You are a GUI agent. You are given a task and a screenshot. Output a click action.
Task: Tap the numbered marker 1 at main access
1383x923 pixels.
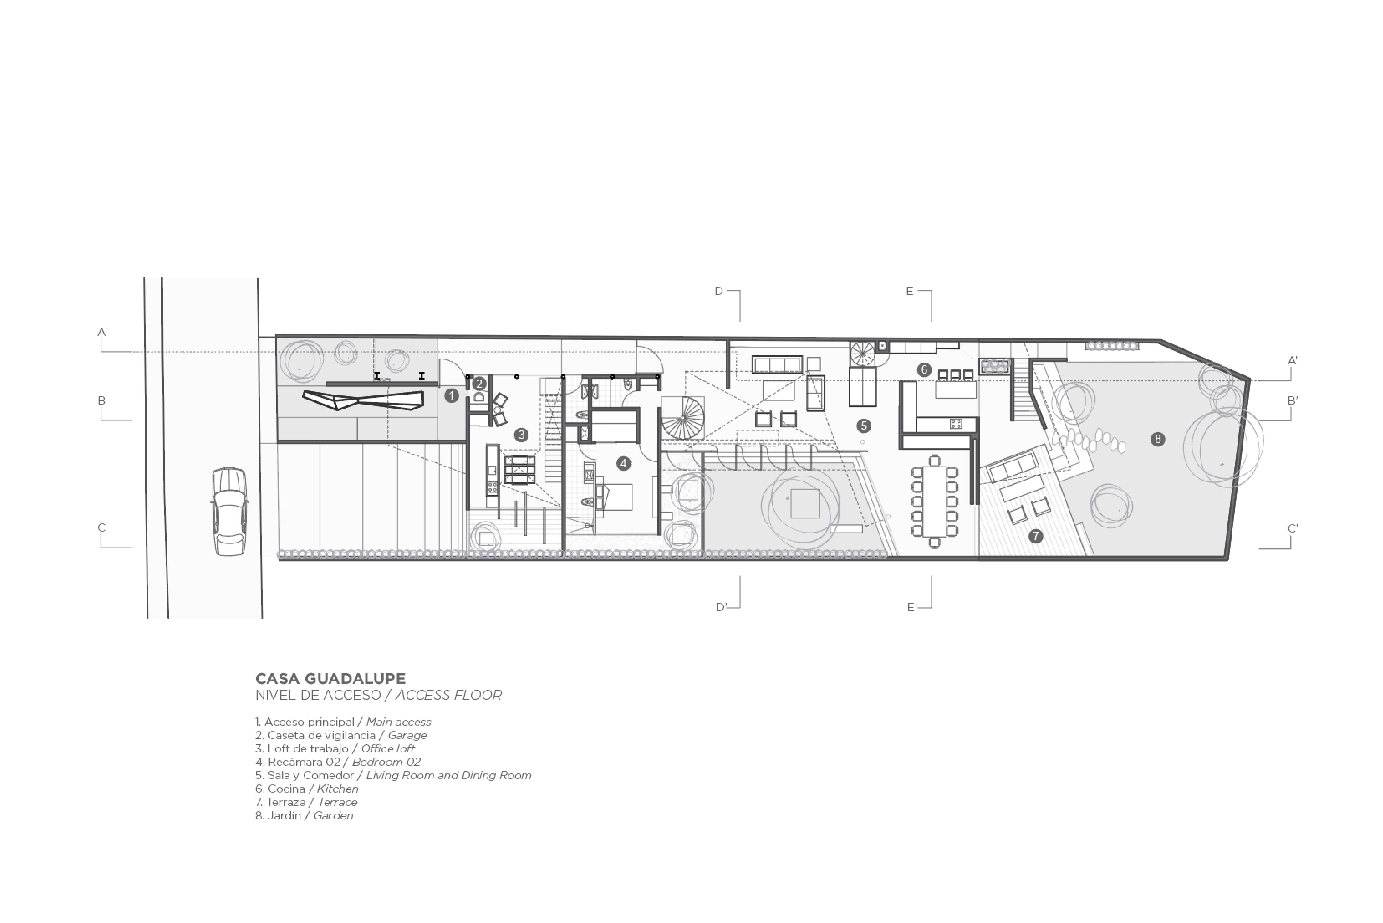pos(451,396)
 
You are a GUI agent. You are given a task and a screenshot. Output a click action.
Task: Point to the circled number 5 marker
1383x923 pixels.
pos(863,426)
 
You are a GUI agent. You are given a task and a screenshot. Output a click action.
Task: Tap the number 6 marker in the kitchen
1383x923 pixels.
pos(924,370)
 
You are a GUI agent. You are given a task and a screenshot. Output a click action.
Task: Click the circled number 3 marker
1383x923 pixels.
pos(521,435)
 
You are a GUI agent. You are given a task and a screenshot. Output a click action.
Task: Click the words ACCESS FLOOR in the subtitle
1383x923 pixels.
pos(449,695)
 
